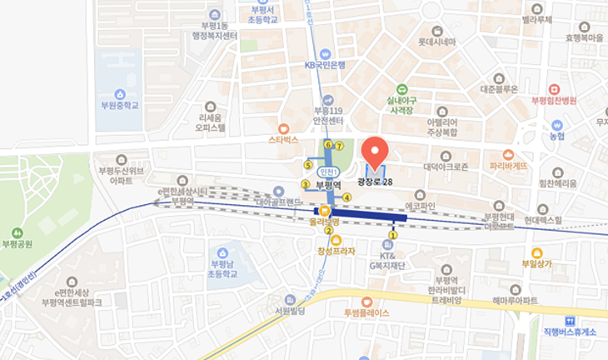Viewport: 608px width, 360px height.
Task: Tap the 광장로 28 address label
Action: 375,182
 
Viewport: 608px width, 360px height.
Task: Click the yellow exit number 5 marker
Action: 308,165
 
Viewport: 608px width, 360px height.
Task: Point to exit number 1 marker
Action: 393,235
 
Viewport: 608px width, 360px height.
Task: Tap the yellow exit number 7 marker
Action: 339,147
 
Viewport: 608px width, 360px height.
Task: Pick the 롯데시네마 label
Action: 436,42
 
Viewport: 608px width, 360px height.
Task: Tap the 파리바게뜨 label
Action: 508,165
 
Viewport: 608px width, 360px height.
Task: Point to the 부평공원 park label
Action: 17,244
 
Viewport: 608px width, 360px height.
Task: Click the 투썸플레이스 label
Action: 366,313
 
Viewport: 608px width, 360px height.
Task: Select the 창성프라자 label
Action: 336,251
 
